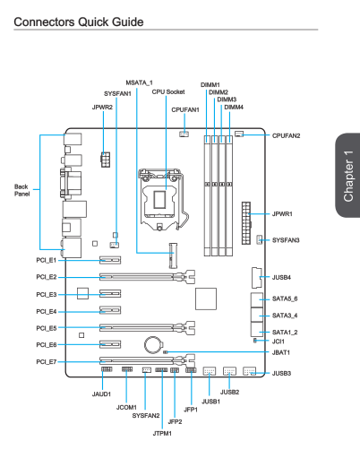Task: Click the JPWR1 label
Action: pos(282,214)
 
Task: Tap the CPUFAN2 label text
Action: pos(286,135)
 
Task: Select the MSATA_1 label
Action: pos(139,82)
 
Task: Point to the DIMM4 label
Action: pos(234,107)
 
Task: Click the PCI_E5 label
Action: pos(47,328)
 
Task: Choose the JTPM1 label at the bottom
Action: pos(162,433)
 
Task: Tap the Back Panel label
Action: pos(22,190)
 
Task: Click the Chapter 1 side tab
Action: pos(348,176)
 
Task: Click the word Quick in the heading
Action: pos(93,22)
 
